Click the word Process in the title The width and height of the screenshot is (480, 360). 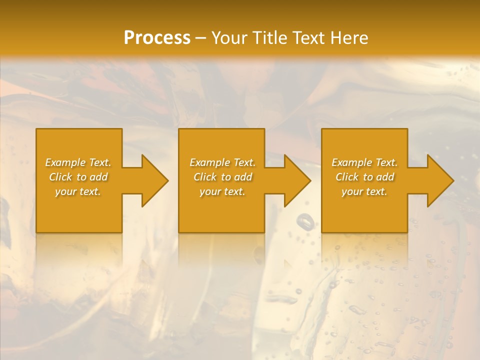(x=157, y=38)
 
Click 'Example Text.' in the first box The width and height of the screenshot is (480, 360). (x=78, y=162)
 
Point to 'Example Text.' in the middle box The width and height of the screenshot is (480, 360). (x=222, y=162)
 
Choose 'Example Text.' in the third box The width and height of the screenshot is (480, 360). (x=364, y=162)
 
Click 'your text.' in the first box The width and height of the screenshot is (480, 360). (x=78, y=191)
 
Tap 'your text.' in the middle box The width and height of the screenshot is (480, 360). (x=222, y=191)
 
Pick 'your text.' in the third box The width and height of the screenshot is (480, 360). (x=364, y=191)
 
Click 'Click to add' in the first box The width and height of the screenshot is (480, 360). (x=78, y=177)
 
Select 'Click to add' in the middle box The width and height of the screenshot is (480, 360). (x=222, y=177)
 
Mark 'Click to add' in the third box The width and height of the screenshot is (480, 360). (x=364, y=177)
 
